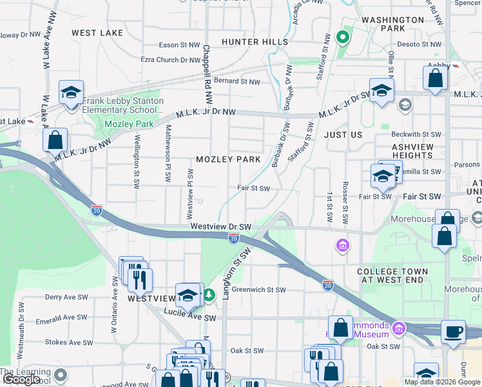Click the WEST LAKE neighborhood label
pos(97,32)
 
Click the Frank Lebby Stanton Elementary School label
pos(122,106)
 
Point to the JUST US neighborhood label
pos(343,135)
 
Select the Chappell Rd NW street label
pos(207,74)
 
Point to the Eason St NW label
pos(180,45)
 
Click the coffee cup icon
pos(452,331)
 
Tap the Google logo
pos(21,379)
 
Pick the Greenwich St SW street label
pos(258,290)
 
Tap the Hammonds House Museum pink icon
pos(398,330)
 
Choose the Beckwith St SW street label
pos(416,134)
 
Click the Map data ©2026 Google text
pos(441,381)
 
